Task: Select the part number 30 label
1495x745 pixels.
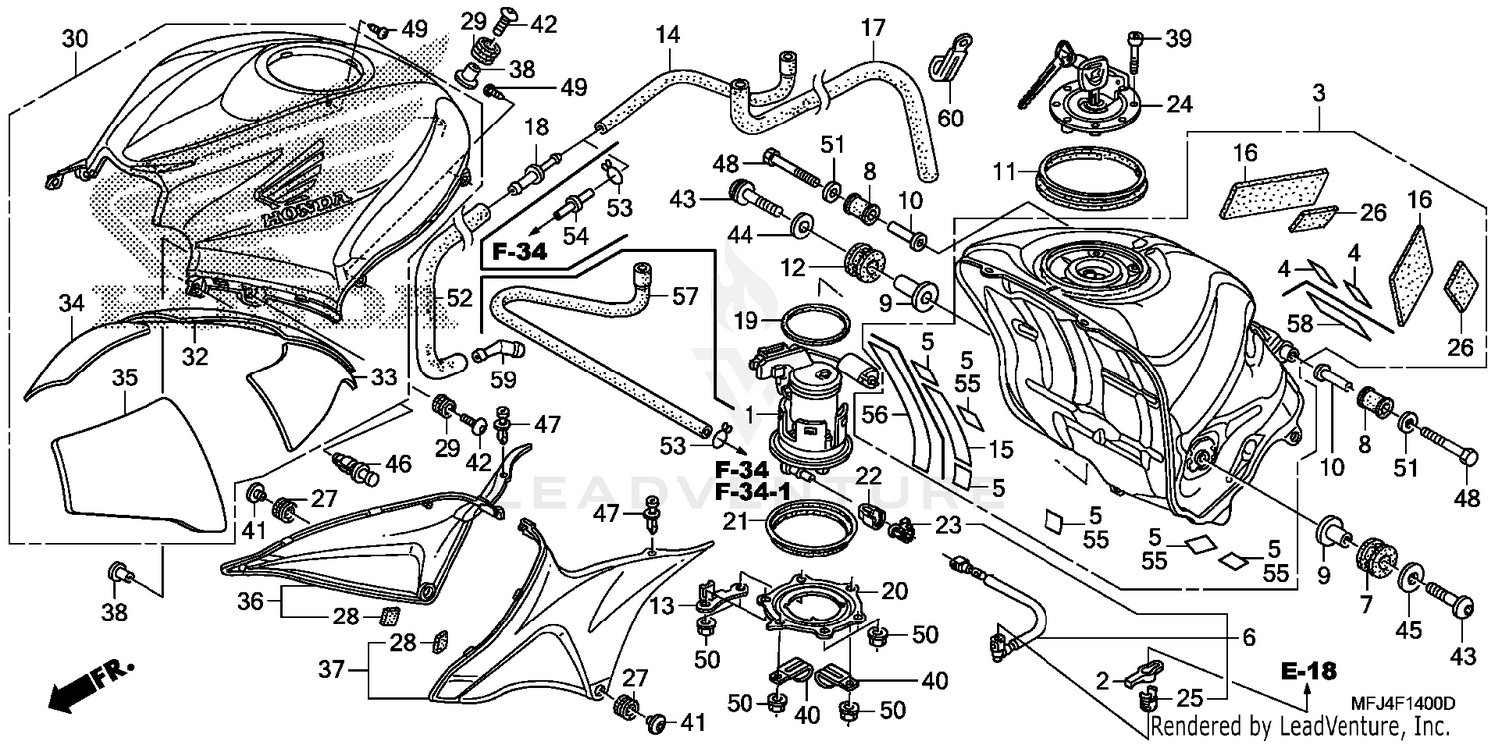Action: click(x=75, y=39)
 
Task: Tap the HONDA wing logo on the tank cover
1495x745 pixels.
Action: click(x=299, y=194)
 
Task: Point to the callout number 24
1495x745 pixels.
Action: click(x=1179, y=103)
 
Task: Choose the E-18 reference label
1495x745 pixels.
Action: click(x=1308, y=672)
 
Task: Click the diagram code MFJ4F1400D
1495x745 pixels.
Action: click(x=1395, y=704)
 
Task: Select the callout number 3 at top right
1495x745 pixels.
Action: click(x=1319, y=94)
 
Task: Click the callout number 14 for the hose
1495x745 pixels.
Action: click(x=667, y=35)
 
